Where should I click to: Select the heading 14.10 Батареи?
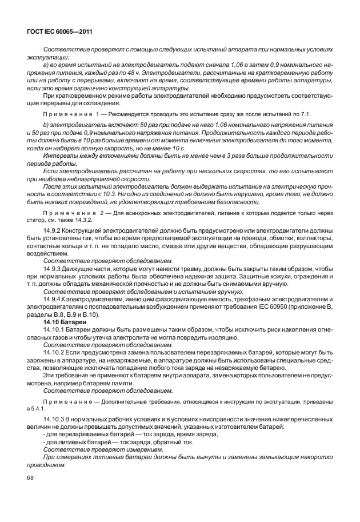pyautogui.click(x=61, y=322)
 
